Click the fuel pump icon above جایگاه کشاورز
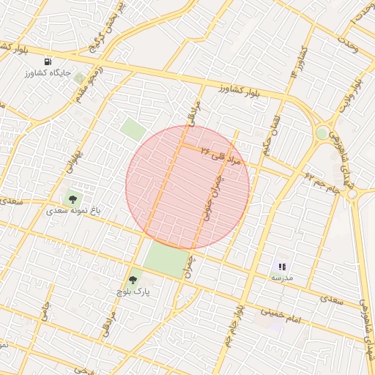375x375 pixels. (x=48, y=62)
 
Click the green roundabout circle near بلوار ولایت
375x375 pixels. (x=322, y=133)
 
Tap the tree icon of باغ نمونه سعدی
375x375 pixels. (x=72, y=197)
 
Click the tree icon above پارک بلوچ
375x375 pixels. (x=133, y=280)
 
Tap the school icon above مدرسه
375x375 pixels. (x=282, y=267)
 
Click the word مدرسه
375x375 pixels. (x=282, y=278)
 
